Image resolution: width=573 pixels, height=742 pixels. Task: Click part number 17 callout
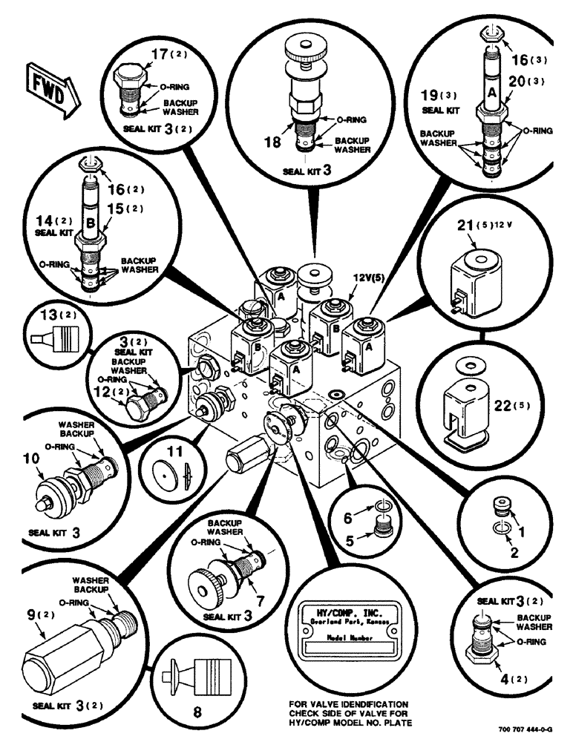point(157,55)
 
